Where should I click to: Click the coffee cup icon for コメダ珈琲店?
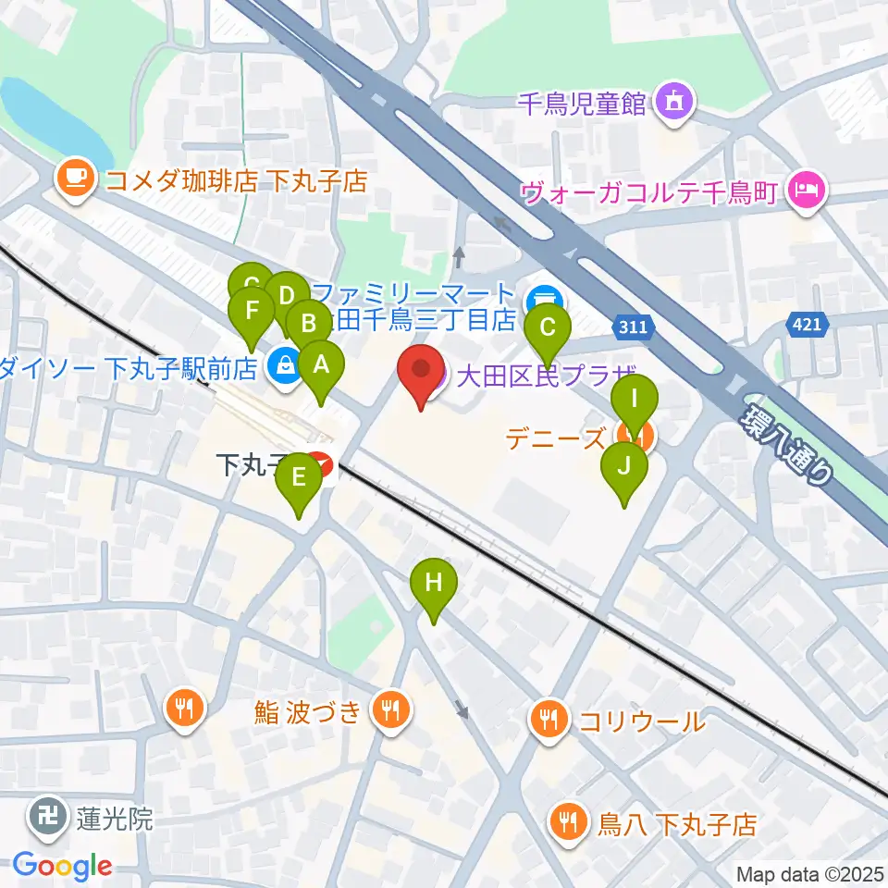coord(75,178)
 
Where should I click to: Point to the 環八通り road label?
coord(786,442)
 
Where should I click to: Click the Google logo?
coord(63,866)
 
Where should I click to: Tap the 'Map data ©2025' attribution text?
coord(808,874)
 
